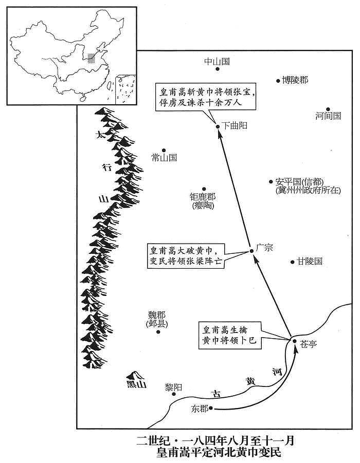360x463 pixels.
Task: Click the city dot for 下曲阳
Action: point(218,127)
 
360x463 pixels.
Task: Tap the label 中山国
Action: point(217,62)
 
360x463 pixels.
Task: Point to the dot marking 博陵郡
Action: point(278,81)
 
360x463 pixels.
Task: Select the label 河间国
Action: point(328,116)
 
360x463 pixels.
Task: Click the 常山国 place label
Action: point(164,157)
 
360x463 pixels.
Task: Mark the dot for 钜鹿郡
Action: point(204,189)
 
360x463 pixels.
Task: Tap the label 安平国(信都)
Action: point(299,181)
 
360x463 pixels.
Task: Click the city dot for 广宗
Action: point(252,251)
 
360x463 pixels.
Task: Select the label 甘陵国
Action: point(310,262)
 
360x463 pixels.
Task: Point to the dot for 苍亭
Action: point(294,341)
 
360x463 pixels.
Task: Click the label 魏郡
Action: point(157,315)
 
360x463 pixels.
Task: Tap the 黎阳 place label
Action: point(173,387)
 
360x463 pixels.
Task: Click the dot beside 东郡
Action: point(211,409)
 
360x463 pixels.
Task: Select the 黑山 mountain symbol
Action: point(135,375)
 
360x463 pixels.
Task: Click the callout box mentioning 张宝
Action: point(206,97)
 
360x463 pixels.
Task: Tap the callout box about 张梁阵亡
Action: point(186,256)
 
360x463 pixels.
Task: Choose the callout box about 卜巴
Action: point(230,335)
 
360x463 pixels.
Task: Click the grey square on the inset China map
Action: point(92,58)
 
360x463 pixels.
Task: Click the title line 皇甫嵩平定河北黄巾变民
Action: point(219,452)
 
